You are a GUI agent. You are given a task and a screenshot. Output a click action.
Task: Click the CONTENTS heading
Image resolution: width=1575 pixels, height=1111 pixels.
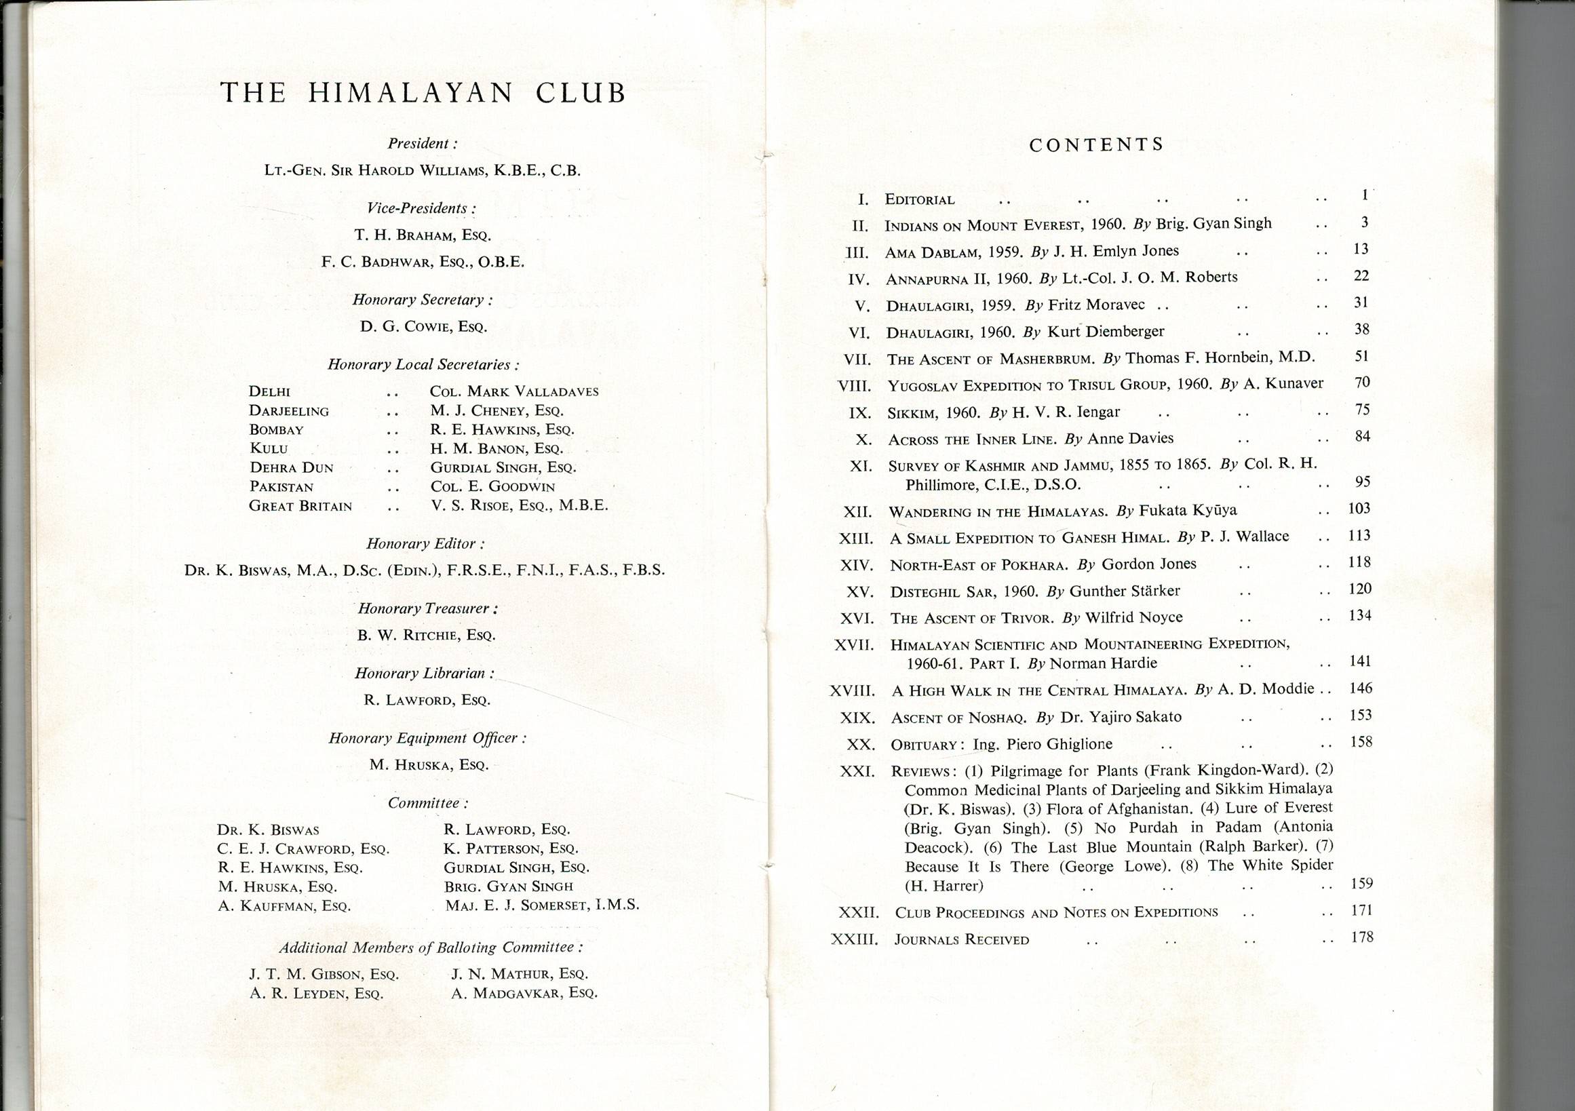(x=1096, y=144)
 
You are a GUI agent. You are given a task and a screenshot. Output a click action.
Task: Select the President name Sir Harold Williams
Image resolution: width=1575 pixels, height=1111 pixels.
(x=423, y=171)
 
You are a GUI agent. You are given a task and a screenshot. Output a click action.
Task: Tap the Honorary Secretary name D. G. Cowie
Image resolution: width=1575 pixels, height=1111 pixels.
(x=423, y=327)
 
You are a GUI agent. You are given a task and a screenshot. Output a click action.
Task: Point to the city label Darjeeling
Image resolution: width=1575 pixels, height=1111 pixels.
(x=289, y=411)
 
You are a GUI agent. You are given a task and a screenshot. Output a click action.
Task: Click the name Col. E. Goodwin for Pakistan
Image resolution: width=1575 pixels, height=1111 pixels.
(x=492, y=486)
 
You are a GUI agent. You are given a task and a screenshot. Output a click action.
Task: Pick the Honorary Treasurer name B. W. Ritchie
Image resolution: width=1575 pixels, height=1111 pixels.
(x=426, y=635)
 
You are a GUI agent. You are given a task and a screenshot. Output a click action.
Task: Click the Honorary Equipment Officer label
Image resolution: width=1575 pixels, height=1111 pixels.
(x=427, y=738)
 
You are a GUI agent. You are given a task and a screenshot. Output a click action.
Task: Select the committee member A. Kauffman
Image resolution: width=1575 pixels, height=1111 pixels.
(x=284, y=906)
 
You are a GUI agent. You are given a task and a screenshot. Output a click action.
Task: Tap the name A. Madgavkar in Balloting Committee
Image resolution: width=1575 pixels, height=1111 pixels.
(x=524, y=993)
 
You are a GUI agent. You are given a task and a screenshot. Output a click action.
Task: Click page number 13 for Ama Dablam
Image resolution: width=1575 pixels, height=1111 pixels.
(x=1361, y=249)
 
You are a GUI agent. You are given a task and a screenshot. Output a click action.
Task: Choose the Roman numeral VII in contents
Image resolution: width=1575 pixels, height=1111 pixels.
(x=857, y=359)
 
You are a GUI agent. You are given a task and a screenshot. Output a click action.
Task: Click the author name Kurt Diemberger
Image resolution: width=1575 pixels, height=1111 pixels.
(x=1105, y=331)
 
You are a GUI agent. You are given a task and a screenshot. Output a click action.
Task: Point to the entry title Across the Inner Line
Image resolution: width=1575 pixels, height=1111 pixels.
(x=972, y=440)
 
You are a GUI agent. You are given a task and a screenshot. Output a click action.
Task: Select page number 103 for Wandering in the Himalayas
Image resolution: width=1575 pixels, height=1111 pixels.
(x=1359, y=508)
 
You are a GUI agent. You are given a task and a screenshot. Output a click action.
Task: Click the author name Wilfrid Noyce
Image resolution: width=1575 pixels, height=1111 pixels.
(x=1133, y=617)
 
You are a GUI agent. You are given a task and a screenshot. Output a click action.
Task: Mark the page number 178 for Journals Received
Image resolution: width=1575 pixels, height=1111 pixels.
(x=1361, y=937)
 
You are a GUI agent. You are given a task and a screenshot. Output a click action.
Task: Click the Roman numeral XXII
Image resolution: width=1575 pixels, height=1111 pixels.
(x=858, y=913)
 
